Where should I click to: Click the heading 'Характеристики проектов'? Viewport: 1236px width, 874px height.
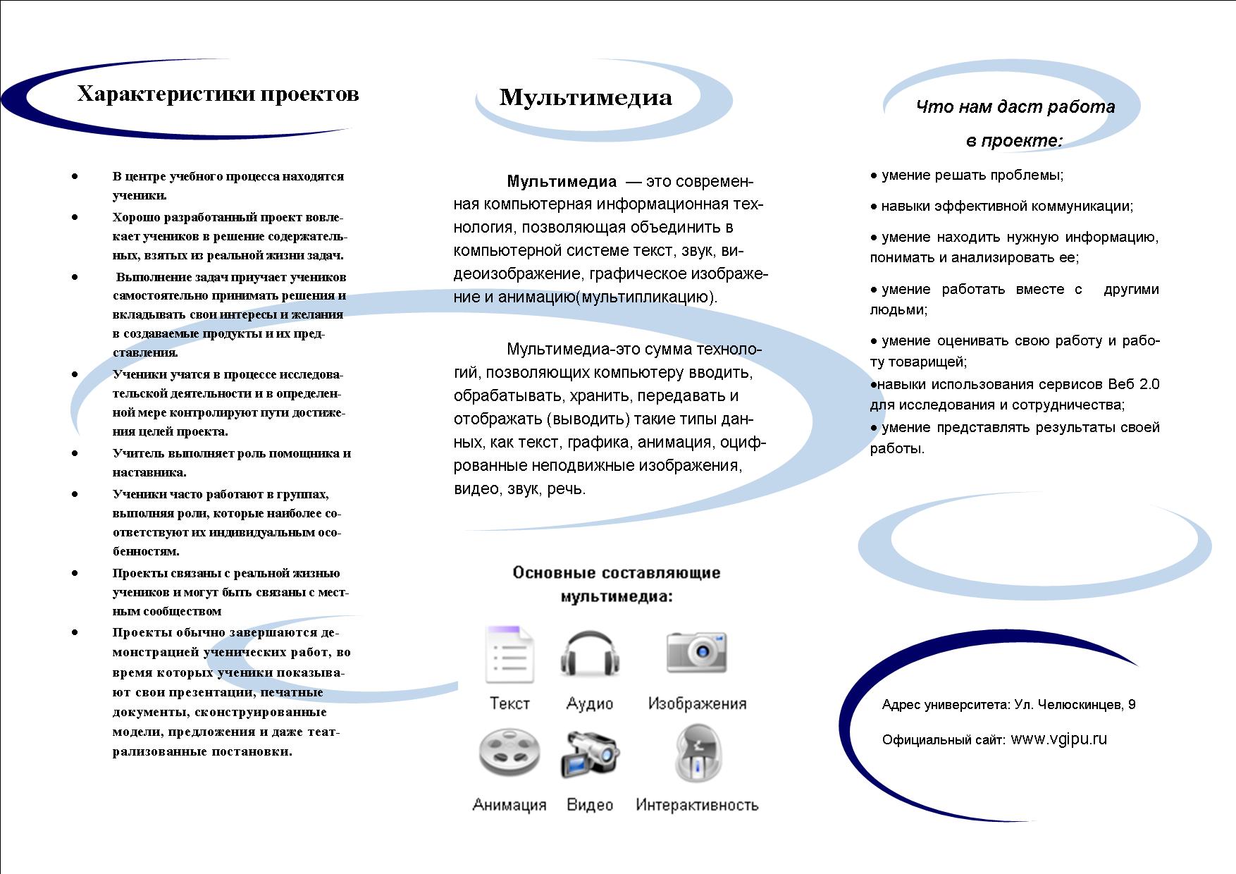pos(218,94)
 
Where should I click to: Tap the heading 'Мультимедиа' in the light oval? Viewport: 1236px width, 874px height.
pos(586,97)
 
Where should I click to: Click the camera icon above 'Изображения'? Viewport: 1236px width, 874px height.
pos(696,653)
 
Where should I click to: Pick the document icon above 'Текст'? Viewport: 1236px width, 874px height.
pos(509,655)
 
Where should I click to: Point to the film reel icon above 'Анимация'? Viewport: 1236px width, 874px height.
pos(509,753)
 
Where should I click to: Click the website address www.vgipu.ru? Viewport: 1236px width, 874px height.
pos(1058,739)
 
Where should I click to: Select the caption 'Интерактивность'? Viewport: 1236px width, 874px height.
pos(697,805)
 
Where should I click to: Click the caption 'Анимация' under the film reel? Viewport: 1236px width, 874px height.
pos(509,805)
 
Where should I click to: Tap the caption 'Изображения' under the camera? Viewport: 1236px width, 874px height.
pos(697,703)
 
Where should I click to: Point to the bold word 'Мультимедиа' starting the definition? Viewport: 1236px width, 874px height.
pos(562,182)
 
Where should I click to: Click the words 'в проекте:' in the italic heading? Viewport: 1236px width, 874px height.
pos(1014,141)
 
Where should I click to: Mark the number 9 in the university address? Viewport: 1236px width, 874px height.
pos(1132,704)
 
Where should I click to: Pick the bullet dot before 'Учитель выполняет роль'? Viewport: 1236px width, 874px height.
pos(75,453)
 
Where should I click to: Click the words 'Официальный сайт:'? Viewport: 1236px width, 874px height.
pos(944,740)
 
